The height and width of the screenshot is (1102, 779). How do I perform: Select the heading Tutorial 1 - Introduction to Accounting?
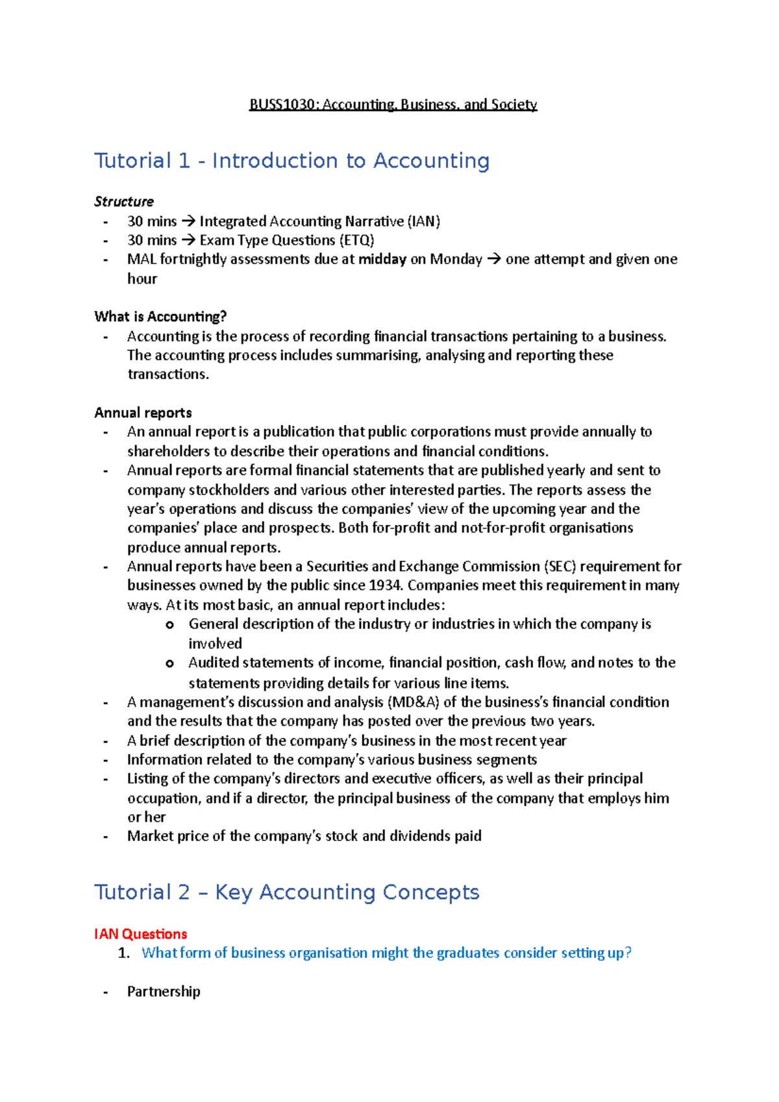291,160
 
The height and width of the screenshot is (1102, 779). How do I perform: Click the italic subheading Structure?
124,201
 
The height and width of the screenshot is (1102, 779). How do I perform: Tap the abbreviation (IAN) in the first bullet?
424,221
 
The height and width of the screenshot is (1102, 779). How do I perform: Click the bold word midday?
382,259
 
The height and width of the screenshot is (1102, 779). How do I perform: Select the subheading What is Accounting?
160,316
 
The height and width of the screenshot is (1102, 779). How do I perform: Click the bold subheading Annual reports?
143,413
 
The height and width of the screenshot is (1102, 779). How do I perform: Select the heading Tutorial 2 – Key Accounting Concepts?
286,892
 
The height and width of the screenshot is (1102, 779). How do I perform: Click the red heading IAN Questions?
140,934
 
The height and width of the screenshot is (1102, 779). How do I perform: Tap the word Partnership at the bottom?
164,991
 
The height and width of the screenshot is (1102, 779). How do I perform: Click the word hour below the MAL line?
142,278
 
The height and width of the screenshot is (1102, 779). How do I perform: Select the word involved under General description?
215,643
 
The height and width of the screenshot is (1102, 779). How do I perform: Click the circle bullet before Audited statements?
169,663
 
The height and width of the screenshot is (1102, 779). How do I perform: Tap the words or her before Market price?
146,817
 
